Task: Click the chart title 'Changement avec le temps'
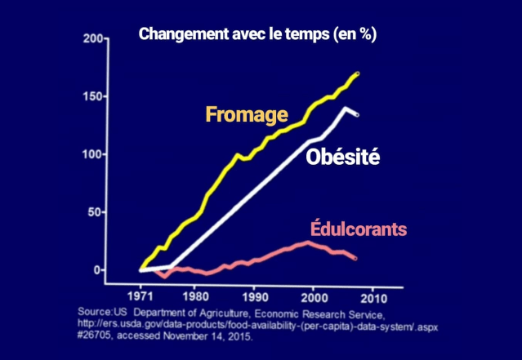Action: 258,35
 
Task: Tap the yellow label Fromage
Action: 246,114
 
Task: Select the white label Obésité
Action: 342,158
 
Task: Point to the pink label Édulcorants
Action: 358,229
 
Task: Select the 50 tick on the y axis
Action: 95,212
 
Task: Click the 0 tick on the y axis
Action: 98,270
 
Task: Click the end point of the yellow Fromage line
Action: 357,73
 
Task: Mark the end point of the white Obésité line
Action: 355,114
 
